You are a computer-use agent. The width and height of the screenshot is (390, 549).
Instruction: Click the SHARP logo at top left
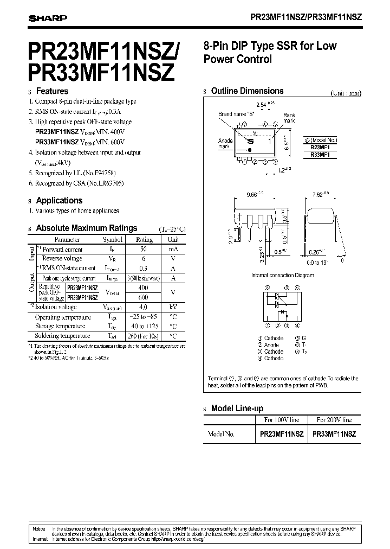click(48, 18)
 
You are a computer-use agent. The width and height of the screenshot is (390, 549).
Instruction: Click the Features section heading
click(51, 91)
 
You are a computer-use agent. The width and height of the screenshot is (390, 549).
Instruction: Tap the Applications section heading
click(59, 200)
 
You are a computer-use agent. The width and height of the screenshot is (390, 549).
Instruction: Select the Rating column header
click(144, 239)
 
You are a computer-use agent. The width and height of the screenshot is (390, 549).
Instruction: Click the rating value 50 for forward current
click(144, 249)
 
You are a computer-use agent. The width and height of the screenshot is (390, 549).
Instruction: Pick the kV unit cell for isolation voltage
click(173, 307)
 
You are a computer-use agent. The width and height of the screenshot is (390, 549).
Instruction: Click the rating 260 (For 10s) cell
click(144, 336)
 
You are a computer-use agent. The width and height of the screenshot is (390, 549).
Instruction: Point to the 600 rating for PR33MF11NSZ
click(144, 297)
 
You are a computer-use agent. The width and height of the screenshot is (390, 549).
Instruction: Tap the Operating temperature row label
click(63, 317)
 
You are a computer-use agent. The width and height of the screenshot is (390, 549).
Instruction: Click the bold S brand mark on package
click(251, 141)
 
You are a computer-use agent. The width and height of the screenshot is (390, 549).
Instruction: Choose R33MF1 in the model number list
click(321, 155)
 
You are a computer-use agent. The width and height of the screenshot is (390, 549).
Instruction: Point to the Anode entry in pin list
click(271, 344)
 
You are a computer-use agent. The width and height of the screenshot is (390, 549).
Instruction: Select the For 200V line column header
click(334, 420)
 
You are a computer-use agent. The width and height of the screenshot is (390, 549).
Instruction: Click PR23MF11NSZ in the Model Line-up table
click(282, 434)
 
